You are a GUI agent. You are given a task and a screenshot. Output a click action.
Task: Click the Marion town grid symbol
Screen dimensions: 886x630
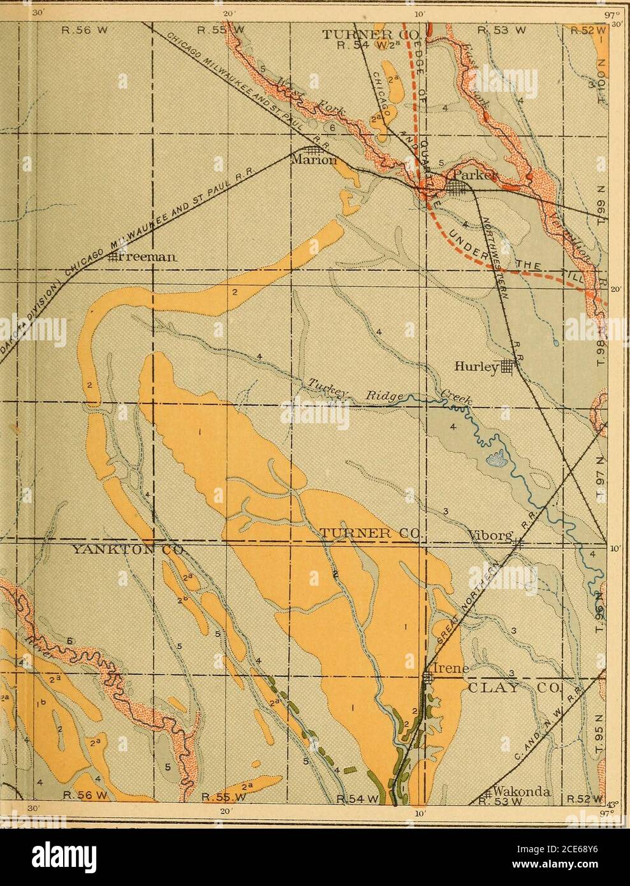[312, 150]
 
